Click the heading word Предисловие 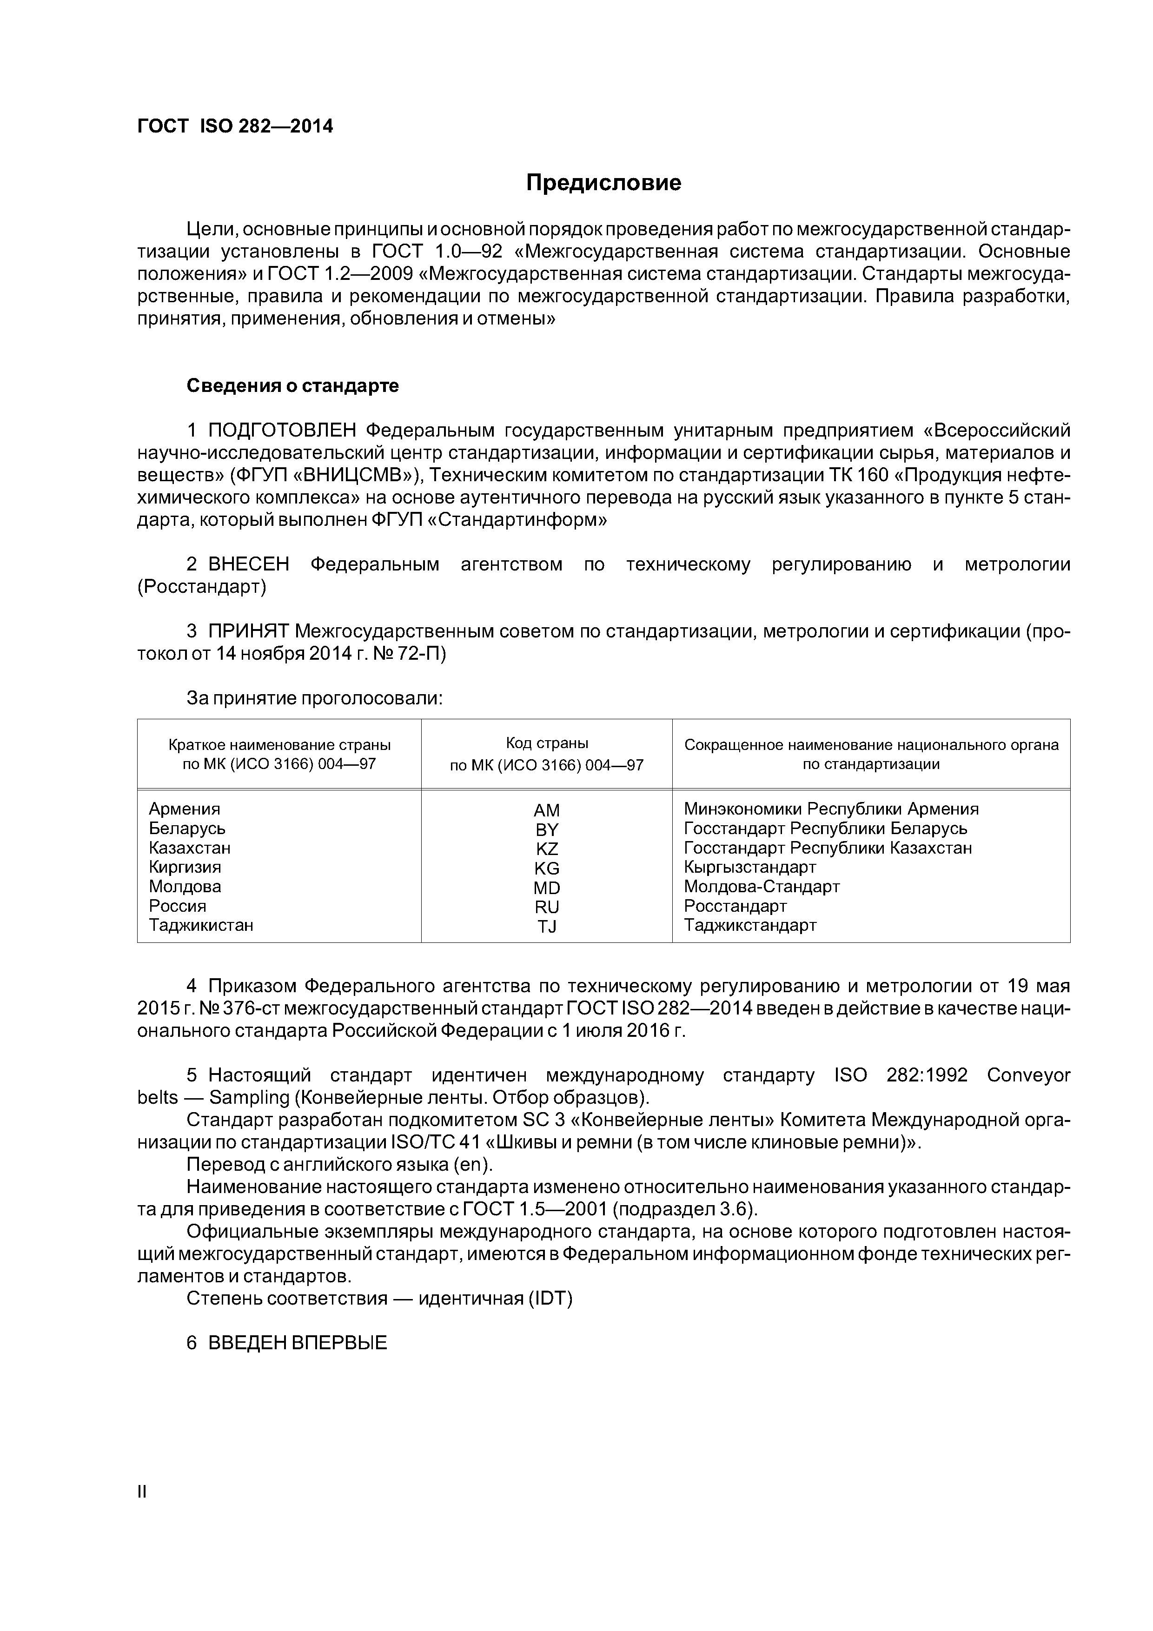[x=603, y=183]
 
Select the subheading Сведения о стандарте [x=292, y=386]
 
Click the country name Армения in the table [x=184, y=809]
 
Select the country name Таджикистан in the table [x=200, y=925]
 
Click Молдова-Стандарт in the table [x=762, y=887]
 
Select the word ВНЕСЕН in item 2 [x=249, y=565]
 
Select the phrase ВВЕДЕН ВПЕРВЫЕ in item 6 [x=298, y=1343]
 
